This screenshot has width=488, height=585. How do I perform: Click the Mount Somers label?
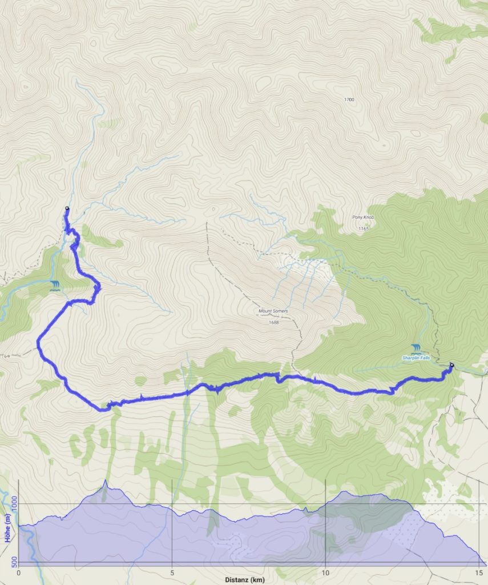(272, 311)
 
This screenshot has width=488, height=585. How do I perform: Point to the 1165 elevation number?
(364, 229)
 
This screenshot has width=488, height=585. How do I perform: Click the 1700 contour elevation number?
(349, 99)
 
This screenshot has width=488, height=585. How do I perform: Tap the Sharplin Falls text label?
(416, 358)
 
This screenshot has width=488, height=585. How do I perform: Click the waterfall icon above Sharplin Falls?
(417, 348)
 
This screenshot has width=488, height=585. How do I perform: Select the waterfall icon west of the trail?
(55, 285)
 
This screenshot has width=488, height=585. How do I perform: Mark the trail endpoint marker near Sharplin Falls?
(451, 365)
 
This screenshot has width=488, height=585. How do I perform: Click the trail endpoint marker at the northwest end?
(67, 209)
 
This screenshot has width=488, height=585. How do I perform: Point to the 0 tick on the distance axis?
(19, 572)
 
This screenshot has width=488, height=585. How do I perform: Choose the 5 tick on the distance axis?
(172, 572)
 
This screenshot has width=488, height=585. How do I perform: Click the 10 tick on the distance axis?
(325, 572)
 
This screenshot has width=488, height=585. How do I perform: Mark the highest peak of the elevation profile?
(105, 482)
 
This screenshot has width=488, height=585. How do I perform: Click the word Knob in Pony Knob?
(369, 218)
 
